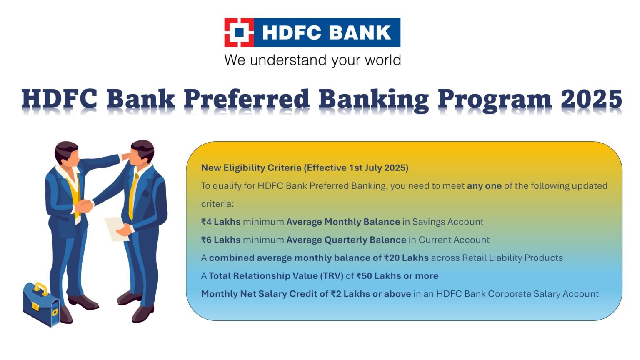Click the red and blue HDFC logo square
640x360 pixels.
(239, 32)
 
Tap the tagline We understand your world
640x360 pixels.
(312, 60)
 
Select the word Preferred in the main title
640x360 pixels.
(246, 100)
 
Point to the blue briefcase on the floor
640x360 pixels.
(41, 304)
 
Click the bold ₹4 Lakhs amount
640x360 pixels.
(221, 222)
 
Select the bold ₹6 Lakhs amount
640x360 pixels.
(221, 240)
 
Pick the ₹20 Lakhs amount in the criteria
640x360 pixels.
(406, 258)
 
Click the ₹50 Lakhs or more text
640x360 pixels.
(397, 276)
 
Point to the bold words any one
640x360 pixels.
(484, 186)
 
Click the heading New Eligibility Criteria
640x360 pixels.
(251, 167)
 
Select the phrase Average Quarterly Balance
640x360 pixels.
(346, 240)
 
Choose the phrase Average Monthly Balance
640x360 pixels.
(343, 222)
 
